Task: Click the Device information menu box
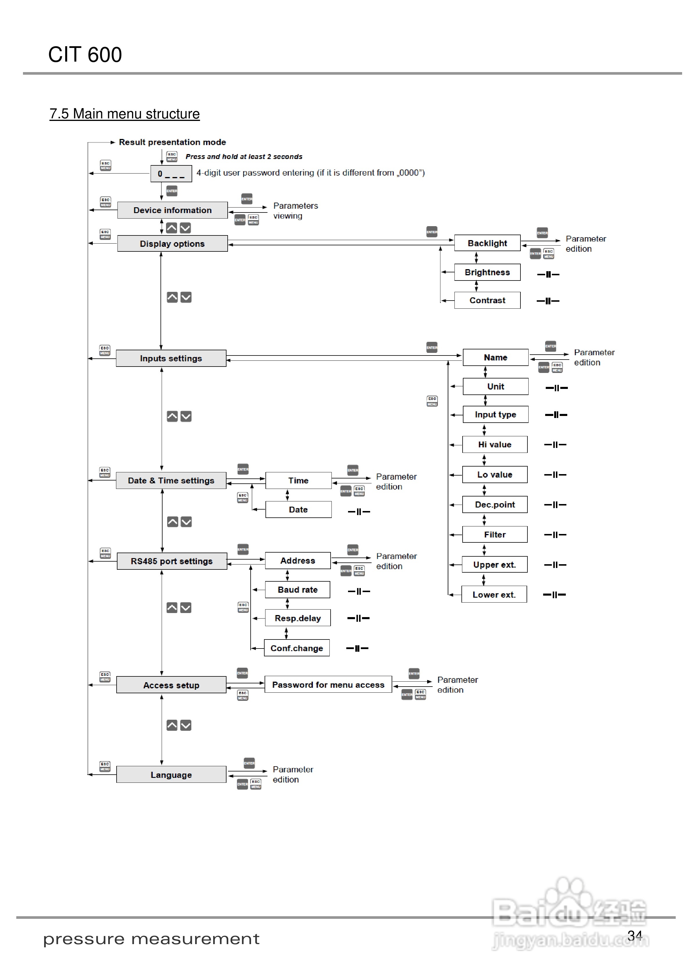pyautogui.click(x=172, y=210)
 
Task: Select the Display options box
pyautogui.click(x=172, y=244)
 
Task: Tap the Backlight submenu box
pyautogui.click(x=487, y=243)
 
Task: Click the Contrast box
pyautogui.click(x=487, y=300)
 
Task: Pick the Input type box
pyautogui.click(x=495, y=415)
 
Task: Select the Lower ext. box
pyautogui.click(x=494, y=594)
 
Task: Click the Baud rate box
pyautogui.click(x=298, y=590)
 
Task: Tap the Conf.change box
pyautogui.click(x=297, y=648)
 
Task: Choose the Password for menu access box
pyautogui.click(x=328, y=685)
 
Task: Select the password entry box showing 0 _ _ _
pyautogui.click(x=171, y=174)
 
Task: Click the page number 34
pyautogui.click(x=634, y=935)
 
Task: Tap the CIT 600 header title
pyautogui.click(x=85, y=55)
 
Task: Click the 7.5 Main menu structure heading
pyautogui.click(x=124, y=114)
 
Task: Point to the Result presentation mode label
pyautogui.click(x=172, y=142)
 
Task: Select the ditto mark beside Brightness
pyautogui.click(x=548, y=274)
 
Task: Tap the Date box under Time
pyautogui.click(x=298, y=510)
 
